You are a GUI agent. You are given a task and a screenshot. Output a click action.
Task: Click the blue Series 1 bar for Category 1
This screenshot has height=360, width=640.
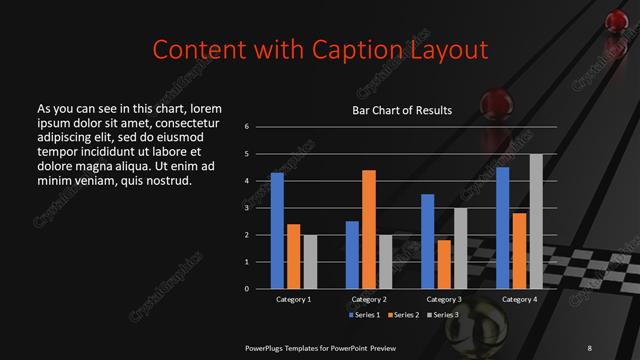coord(277,230)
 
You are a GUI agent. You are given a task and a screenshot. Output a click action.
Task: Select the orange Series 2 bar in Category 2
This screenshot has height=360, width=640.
coord(368,229)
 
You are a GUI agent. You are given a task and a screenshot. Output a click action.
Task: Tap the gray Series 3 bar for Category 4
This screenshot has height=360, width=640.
coord(535,221)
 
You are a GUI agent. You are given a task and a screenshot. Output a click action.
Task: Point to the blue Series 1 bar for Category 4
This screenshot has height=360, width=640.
coord(502,227)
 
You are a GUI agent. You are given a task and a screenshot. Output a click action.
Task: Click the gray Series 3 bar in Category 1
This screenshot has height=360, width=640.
coord(309,261)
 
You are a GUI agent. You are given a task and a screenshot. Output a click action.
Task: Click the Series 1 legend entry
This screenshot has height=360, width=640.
coord(363,315)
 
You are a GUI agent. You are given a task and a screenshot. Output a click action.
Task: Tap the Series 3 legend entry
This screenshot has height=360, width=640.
coord(444,315)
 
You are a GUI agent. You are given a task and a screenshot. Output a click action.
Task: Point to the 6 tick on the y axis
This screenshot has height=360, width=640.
coord(246,127)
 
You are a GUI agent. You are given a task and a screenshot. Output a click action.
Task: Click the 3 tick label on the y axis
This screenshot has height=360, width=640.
coord(246,208)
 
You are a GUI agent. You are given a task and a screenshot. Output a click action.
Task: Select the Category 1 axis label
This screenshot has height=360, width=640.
coord(293,299)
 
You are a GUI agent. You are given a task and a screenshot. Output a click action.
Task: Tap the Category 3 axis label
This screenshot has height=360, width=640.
coord(443,299)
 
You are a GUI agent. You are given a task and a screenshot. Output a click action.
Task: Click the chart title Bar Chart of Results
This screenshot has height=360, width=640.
coord(402,110)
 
